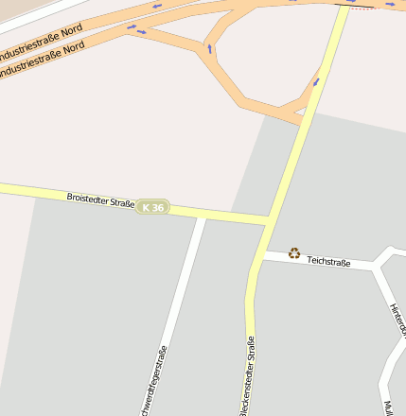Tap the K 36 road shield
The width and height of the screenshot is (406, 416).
[153, 206]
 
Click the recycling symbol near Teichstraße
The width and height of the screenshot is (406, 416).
[294, 252]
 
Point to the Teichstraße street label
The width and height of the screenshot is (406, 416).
[328, 260]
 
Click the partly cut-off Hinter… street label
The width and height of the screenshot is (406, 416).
[397, 319]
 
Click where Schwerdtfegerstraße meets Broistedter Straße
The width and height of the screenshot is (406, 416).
[202, 216]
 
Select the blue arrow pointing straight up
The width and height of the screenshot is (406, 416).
[209, 47]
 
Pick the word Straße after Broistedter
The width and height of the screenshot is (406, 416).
[122, 201]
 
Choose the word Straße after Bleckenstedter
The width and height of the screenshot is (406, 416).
[251, 353]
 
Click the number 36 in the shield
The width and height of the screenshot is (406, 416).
[158, 206]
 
